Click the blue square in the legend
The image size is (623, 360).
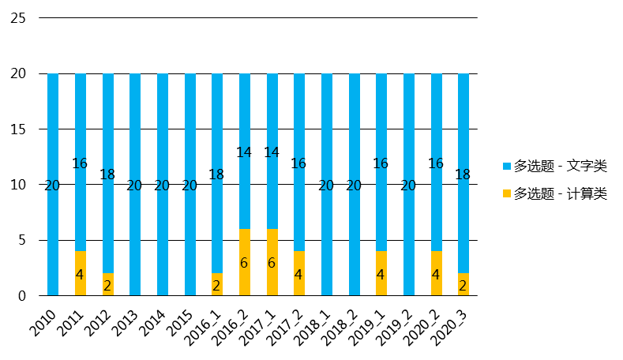pyautogui.click(x=507, y=167)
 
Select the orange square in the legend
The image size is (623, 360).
pyautogui.click(x=507, y=193)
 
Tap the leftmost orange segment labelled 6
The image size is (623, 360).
pyautogui.click(x=245, y=262)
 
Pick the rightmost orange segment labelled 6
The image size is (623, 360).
pyautogui.click(x=272, y=262)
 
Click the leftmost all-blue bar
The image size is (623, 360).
pyautogui.click(x=53, y=184)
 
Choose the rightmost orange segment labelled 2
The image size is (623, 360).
pyautogui.click(x=463, y=284)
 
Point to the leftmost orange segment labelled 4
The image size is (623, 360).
pyautogui.click(x=81, y=273)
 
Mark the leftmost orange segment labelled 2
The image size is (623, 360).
pyautogui.click(x=108, y=284)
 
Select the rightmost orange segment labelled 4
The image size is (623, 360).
pyautogui.click(x=437, y=273)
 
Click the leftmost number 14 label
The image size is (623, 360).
pyautogui.click(x=244, y=152)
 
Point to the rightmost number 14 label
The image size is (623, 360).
pyautogui.click(x=272, y=152)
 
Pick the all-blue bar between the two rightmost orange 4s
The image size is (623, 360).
pyautogui.click(x=409, y=184)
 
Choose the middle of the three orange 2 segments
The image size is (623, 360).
pyautogui.click(x=217, y=284)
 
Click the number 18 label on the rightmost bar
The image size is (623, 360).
pyautogui.click(x=463, y=174)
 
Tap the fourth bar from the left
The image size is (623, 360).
pyautogui.click(x=135, y=184)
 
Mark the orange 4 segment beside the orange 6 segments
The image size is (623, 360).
pyautogui.click(x=299, y=273)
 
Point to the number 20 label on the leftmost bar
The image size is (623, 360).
pyautogui.click(x=52, y=186)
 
